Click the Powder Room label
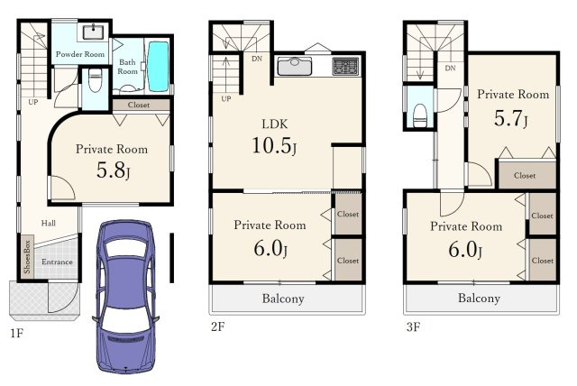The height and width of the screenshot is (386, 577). (80, 54)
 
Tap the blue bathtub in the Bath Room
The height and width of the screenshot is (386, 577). (159, 67)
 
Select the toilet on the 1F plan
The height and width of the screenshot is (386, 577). (95, 80)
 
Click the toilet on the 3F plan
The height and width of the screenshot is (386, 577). (420, 115)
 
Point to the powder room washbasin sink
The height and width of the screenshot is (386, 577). (93, 32)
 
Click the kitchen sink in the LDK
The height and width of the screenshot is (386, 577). (295, 66)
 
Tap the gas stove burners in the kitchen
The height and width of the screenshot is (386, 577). (345, 66)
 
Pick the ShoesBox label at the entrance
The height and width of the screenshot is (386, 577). (27, 256)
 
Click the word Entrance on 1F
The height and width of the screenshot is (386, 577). (57, 262)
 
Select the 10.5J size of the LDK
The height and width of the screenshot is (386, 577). (274, 145)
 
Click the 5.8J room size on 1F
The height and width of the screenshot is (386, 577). (113, 170)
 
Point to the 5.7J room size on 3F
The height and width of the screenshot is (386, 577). (511, 118)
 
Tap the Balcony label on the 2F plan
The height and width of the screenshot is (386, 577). (283, 299)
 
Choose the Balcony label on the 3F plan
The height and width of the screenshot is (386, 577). (479, 298)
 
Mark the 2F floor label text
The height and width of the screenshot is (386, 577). (217, 326)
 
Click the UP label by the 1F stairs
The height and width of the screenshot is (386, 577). (33, 102)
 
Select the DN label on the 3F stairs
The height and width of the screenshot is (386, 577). (450, 68)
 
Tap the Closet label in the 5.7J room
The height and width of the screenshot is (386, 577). (525, 175)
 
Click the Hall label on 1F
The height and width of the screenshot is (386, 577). (49, 223)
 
